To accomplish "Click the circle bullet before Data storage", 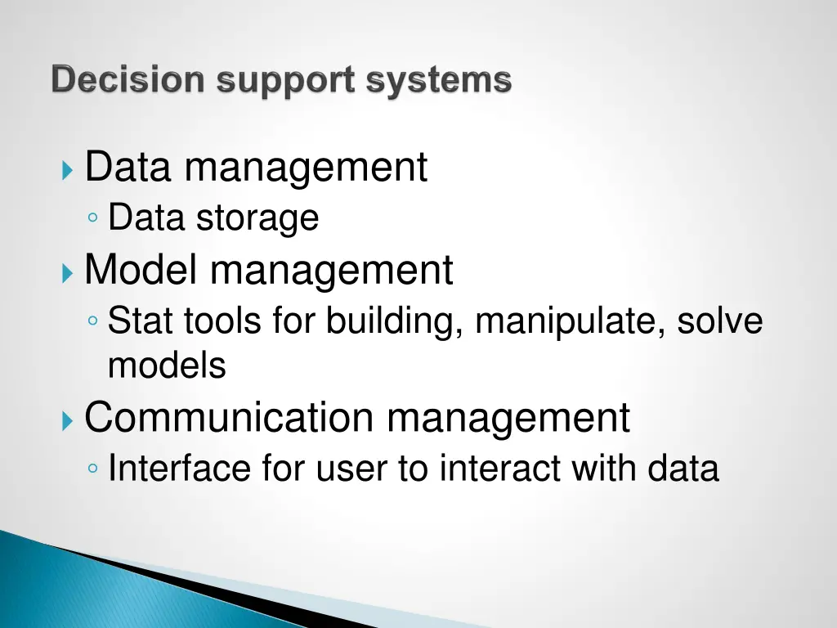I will [x=95, y=219].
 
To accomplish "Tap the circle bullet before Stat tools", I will [x=95, y=322].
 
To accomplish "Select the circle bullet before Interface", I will [x=95, y=470].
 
